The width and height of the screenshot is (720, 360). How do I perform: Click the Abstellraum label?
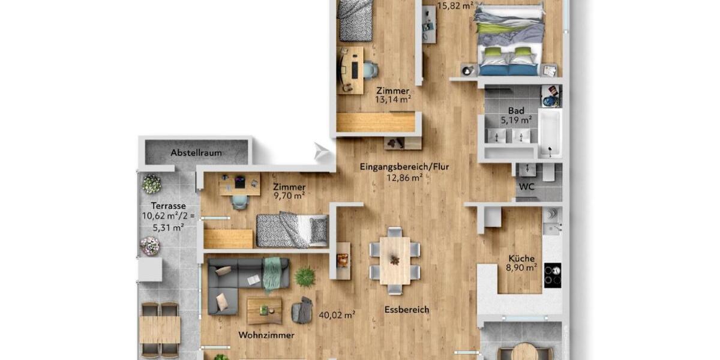(x=196, y=153)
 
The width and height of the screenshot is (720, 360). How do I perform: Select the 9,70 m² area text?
(x=289, y=195)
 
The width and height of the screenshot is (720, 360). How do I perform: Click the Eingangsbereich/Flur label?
(x=404, y=167)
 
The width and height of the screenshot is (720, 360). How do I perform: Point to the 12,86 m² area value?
(x=404, y=178)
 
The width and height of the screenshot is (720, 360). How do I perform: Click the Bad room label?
(x=516, y=111)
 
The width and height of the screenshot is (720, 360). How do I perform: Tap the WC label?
(x=526, y=187)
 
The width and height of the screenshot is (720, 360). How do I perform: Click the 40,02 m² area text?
(x=337, y=314)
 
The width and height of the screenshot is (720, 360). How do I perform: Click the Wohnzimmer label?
(x=266, y=335)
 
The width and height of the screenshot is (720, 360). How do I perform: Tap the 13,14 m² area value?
(x=393, y=100)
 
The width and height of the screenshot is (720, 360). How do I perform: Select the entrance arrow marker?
(x=323, y=152)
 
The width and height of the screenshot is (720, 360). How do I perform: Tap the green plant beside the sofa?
(x=305, y=277)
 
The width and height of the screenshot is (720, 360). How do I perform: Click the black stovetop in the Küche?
(x=552, y=275)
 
